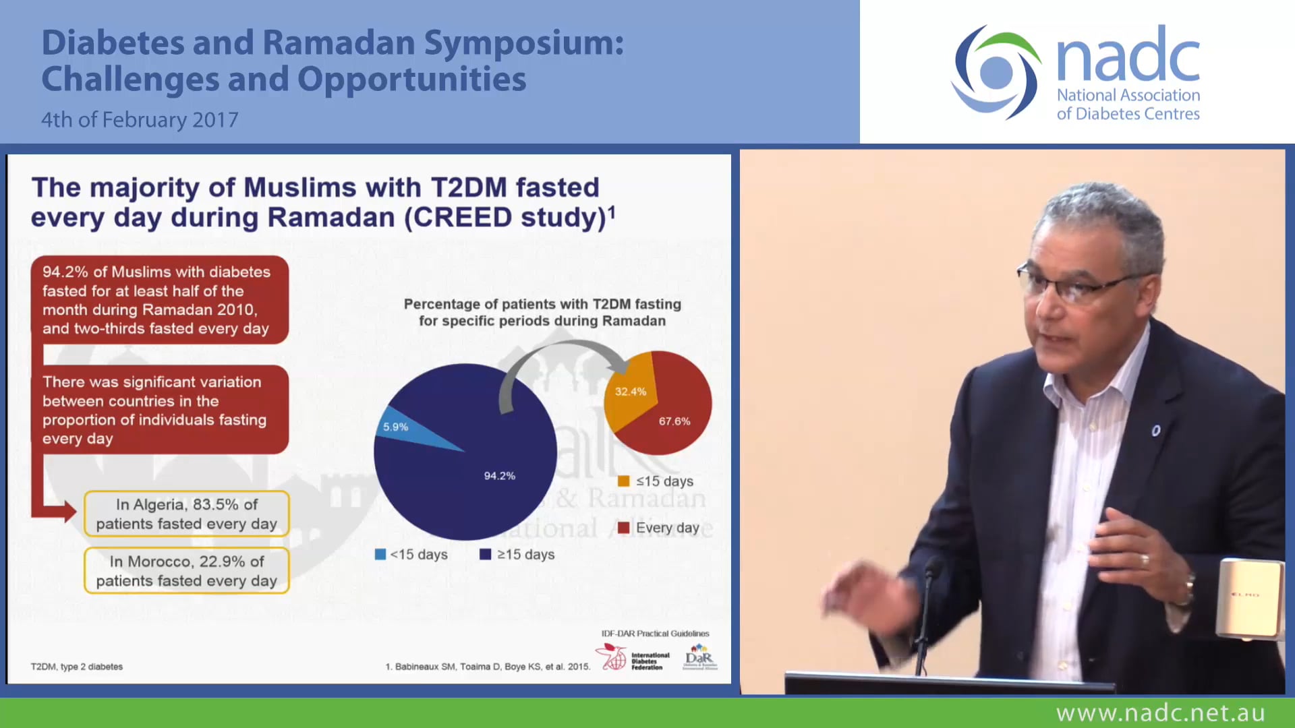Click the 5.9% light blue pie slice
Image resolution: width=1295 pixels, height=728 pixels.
(x=405, y=428)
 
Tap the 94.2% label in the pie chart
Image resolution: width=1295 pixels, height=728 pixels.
(x=499, y=476)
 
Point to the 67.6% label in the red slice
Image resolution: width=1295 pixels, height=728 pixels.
(x=674, y=421)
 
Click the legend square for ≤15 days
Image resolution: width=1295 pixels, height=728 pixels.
(x=624, y=481)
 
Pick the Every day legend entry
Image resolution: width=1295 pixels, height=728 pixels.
(x=659, y=528)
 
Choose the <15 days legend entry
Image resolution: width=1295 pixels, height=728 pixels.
(x=411, y=555)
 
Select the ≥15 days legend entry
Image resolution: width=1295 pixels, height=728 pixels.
(x=517, y=555)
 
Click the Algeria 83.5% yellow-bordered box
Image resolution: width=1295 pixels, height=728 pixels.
(x=186, y=514)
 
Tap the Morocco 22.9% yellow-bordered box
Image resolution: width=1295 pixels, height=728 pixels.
(x=186, y=571)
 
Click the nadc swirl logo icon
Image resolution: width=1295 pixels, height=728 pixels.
(x=996, y=72)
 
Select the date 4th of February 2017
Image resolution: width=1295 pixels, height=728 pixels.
(x=140, y=120)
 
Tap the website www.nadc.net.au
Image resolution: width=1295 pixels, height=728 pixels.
(x=1160, y=712)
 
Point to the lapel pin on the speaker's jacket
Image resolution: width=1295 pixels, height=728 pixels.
(x=1156, y=431)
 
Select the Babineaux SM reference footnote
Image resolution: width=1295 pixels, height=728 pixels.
(x=488, y=667)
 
